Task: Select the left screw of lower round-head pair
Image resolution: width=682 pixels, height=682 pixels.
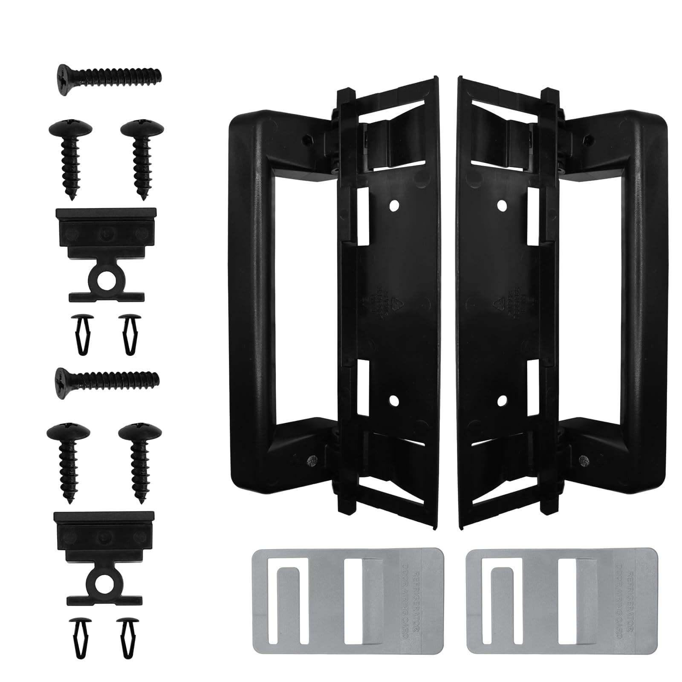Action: (68, 459)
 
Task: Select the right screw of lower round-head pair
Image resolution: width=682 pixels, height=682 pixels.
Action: (140, 459)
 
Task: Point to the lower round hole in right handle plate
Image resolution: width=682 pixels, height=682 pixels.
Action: (502, 399)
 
